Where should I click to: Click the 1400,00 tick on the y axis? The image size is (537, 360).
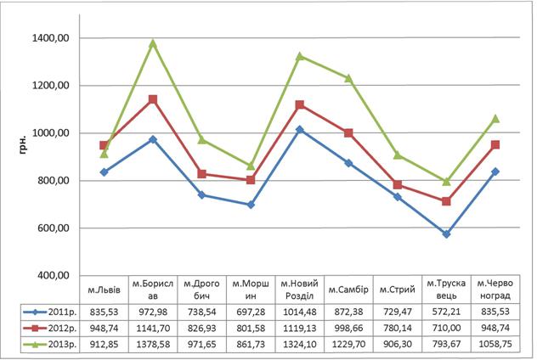coord(51,38)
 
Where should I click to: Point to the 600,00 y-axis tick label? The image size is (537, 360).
coord(54,228)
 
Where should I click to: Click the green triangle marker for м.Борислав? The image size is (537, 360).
coord(153,43)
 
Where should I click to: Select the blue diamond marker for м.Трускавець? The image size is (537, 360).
coord(446,234)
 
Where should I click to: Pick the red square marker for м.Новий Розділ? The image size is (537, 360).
coord(300,104)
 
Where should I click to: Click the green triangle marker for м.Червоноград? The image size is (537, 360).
coord(495,119)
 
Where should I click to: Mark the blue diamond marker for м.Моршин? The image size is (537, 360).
coord(251,205)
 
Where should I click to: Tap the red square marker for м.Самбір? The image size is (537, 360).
coord(348,132)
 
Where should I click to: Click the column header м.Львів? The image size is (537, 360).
coord(105,290)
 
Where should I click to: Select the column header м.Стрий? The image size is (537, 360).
coord(398,290)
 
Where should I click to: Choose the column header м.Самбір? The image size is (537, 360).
coord(348,290)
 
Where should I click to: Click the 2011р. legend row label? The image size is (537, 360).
coord(62,312)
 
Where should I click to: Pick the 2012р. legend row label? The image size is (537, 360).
coord(62,329)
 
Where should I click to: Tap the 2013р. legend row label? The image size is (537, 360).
coord(62,344)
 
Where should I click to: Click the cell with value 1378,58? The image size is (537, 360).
coord(153,344)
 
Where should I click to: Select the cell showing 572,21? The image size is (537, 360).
coord(446,312)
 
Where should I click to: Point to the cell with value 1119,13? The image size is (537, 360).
coord(300,329)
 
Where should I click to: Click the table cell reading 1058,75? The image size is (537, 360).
coord(495,344)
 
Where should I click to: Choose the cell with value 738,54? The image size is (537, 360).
coord(201,312)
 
